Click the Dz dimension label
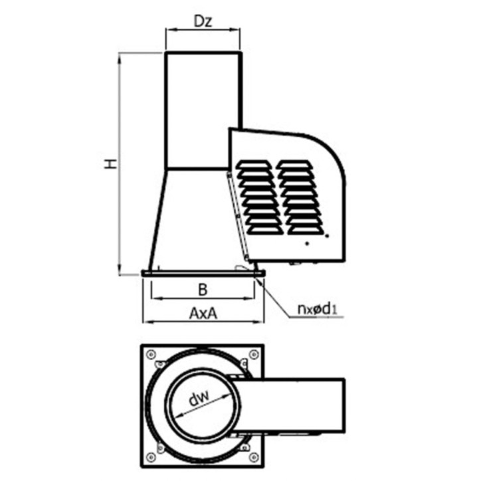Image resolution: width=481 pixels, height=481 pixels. [x=203, y=21]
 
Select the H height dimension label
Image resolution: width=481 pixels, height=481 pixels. [x=110, y=163]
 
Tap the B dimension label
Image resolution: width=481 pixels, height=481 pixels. [x=203, y=289]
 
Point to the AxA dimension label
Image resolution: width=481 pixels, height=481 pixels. [x=203, y=313]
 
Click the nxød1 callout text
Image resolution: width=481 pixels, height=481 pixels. [x=318, y=309]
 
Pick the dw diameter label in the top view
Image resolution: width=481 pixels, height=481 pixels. [x=199, y=397]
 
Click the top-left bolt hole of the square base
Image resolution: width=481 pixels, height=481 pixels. [x=150, y=355]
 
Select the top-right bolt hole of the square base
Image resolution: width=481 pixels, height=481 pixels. [x=253, y=355]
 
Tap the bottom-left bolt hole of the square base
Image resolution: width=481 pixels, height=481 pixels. [x=150, y=457]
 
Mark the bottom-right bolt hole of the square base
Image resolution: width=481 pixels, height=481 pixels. [x=253, y=457]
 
